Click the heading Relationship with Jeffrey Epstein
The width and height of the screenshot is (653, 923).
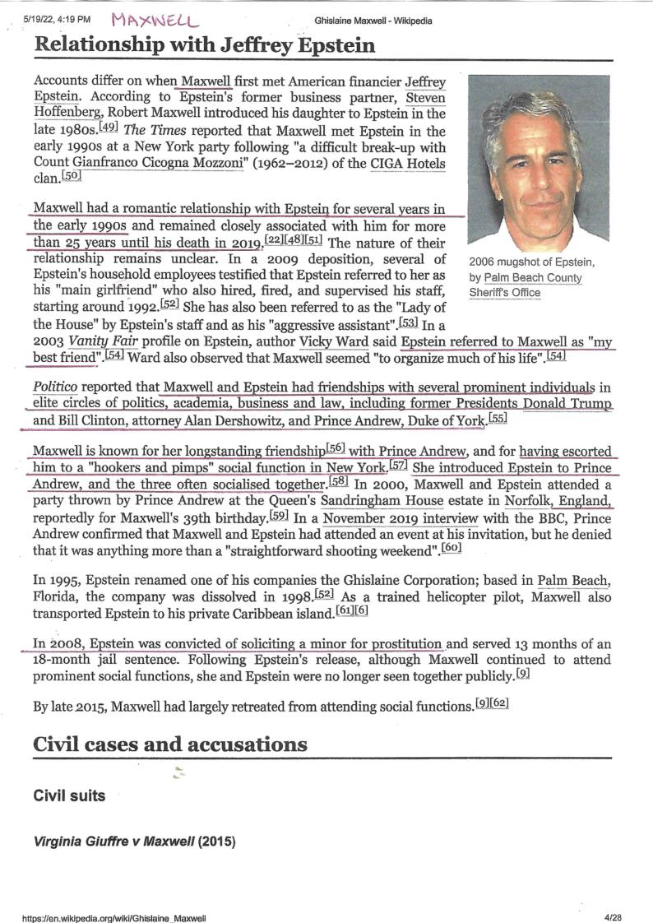coord(205,45)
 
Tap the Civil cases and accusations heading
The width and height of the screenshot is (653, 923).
coord(170,744)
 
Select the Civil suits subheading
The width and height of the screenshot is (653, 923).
coord(69,796)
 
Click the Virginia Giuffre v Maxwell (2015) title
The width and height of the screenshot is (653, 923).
coord(134,842)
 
